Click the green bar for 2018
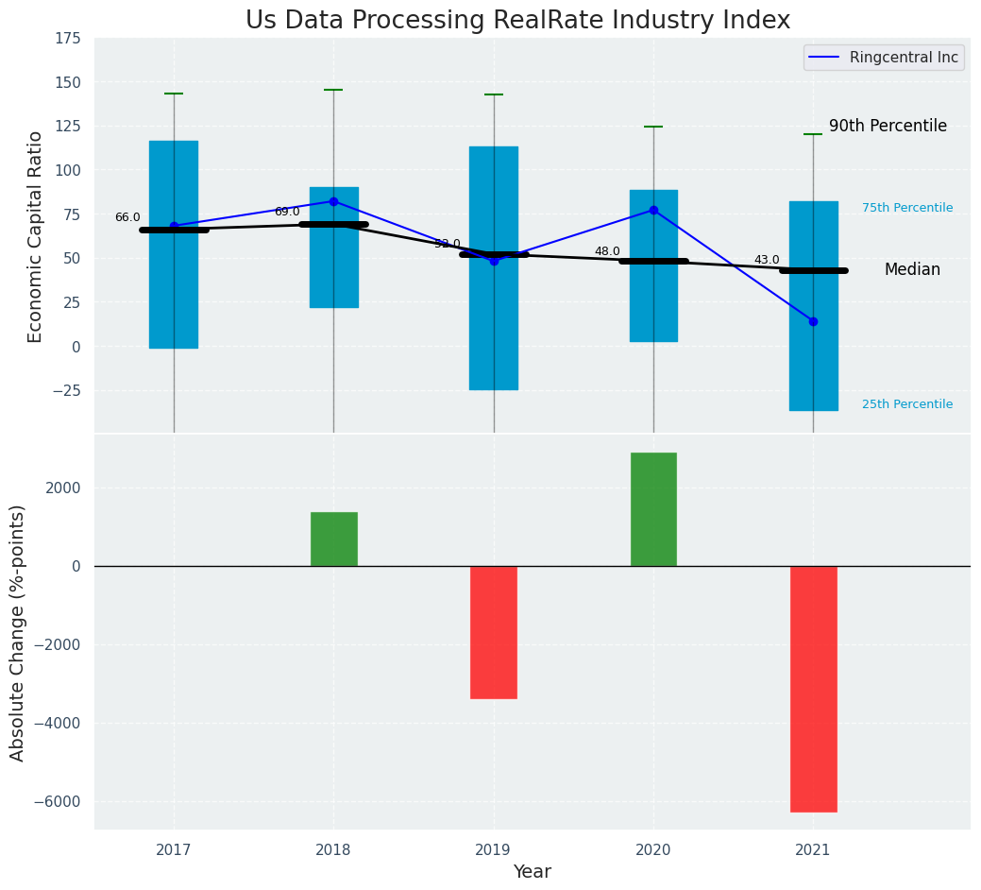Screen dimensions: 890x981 (333, 539)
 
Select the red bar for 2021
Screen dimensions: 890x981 (813, 688)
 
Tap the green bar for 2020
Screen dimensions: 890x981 (653, 509)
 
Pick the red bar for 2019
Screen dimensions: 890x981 (493, 631)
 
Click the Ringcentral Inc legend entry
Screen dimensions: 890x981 (884, 58)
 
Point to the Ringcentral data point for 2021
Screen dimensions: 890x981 (813, 321)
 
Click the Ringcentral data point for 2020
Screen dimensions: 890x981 (653, 210)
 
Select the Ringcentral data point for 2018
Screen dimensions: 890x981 (333, 201)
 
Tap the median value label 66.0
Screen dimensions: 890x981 (127, 217)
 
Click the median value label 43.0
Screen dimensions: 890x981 (767, 260)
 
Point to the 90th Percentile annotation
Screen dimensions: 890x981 (888, 126)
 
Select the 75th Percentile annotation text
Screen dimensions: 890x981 (907, 208)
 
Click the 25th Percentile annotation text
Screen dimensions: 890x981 (907, 404)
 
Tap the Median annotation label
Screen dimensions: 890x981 (912, 269)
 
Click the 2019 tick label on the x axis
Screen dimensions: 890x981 (493, 850)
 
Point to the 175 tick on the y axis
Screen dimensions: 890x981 (67, 39)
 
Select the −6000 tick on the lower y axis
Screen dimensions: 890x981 (59, 802)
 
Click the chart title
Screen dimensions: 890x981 (517, 20)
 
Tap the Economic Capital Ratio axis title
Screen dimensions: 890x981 (36, 236)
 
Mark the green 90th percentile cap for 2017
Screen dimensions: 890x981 (174, 94)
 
